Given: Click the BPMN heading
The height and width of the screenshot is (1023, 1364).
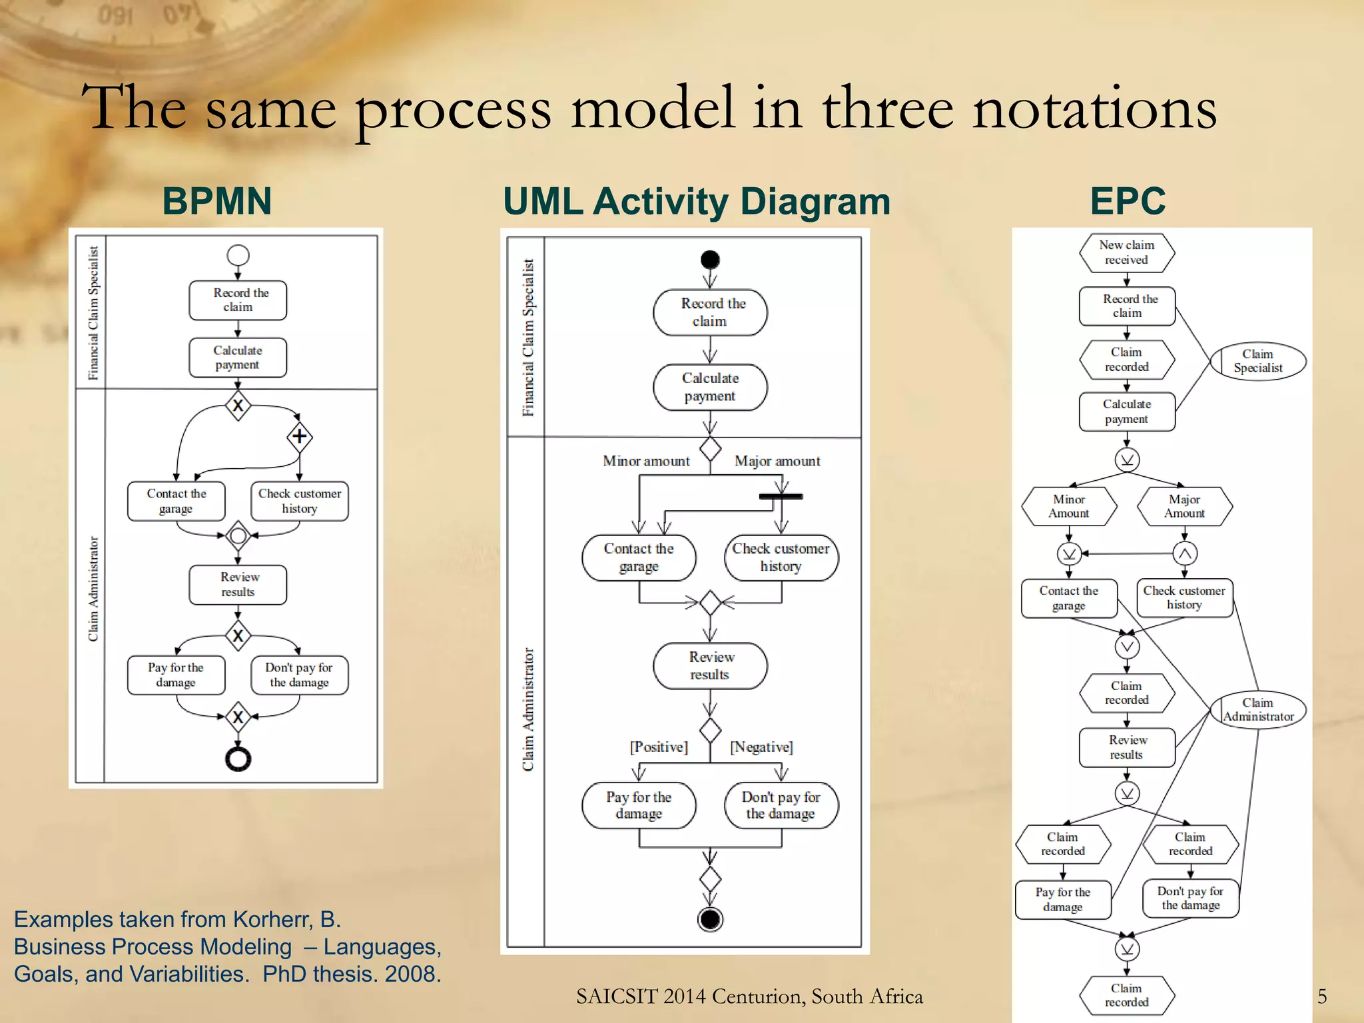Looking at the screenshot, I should [217, 201].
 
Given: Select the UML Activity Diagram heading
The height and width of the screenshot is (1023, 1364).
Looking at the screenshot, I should [696, 201].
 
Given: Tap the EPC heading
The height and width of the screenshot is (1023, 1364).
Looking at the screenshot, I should [1128, 201].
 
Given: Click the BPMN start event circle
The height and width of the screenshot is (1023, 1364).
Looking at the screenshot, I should [238, 255].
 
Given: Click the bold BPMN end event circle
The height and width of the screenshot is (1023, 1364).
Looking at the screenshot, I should [238, 759].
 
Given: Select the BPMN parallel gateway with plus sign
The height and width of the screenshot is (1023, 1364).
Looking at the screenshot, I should [299, 436].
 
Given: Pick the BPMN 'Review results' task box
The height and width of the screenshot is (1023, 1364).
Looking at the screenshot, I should [238, 585].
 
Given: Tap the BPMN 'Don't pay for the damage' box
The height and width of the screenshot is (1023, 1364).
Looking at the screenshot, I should [299, 675].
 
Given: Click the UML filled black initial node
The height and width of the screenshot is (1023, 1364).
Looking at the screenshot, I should [710, 259].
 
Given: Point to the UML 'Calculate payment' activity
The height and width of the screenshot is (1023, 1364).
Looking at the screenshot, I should [710, 387].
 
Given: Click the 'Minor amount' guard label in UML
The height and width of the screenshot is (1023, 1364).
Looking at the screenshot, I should [646, 461].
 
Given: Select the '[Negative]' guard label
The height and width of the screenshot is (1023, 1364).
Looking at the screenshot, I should [761, 747].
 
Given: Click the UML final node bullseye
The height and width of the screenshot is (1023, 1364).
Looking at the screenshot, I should [710, 919].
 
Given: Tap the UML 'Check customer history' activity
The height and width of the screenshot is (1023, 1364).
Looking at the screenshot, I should [781, 557].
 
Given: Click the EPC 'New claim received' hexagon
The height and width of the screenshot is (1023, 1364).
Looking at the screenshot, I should [1127, 252].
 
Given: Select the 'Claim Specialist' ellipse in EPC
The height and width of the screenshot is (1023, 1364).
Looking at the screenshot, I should [1257, 361].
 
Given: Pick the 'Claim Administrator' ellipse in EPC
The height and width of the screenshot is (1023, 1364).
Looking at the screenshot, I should [1257, 710].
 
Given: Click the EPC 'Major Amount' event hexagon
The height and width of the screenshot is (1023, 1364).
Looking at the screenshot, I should [1184, 506].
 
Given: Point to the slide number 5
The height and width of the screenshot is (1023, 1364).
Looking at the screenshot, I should [1322, 996].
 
